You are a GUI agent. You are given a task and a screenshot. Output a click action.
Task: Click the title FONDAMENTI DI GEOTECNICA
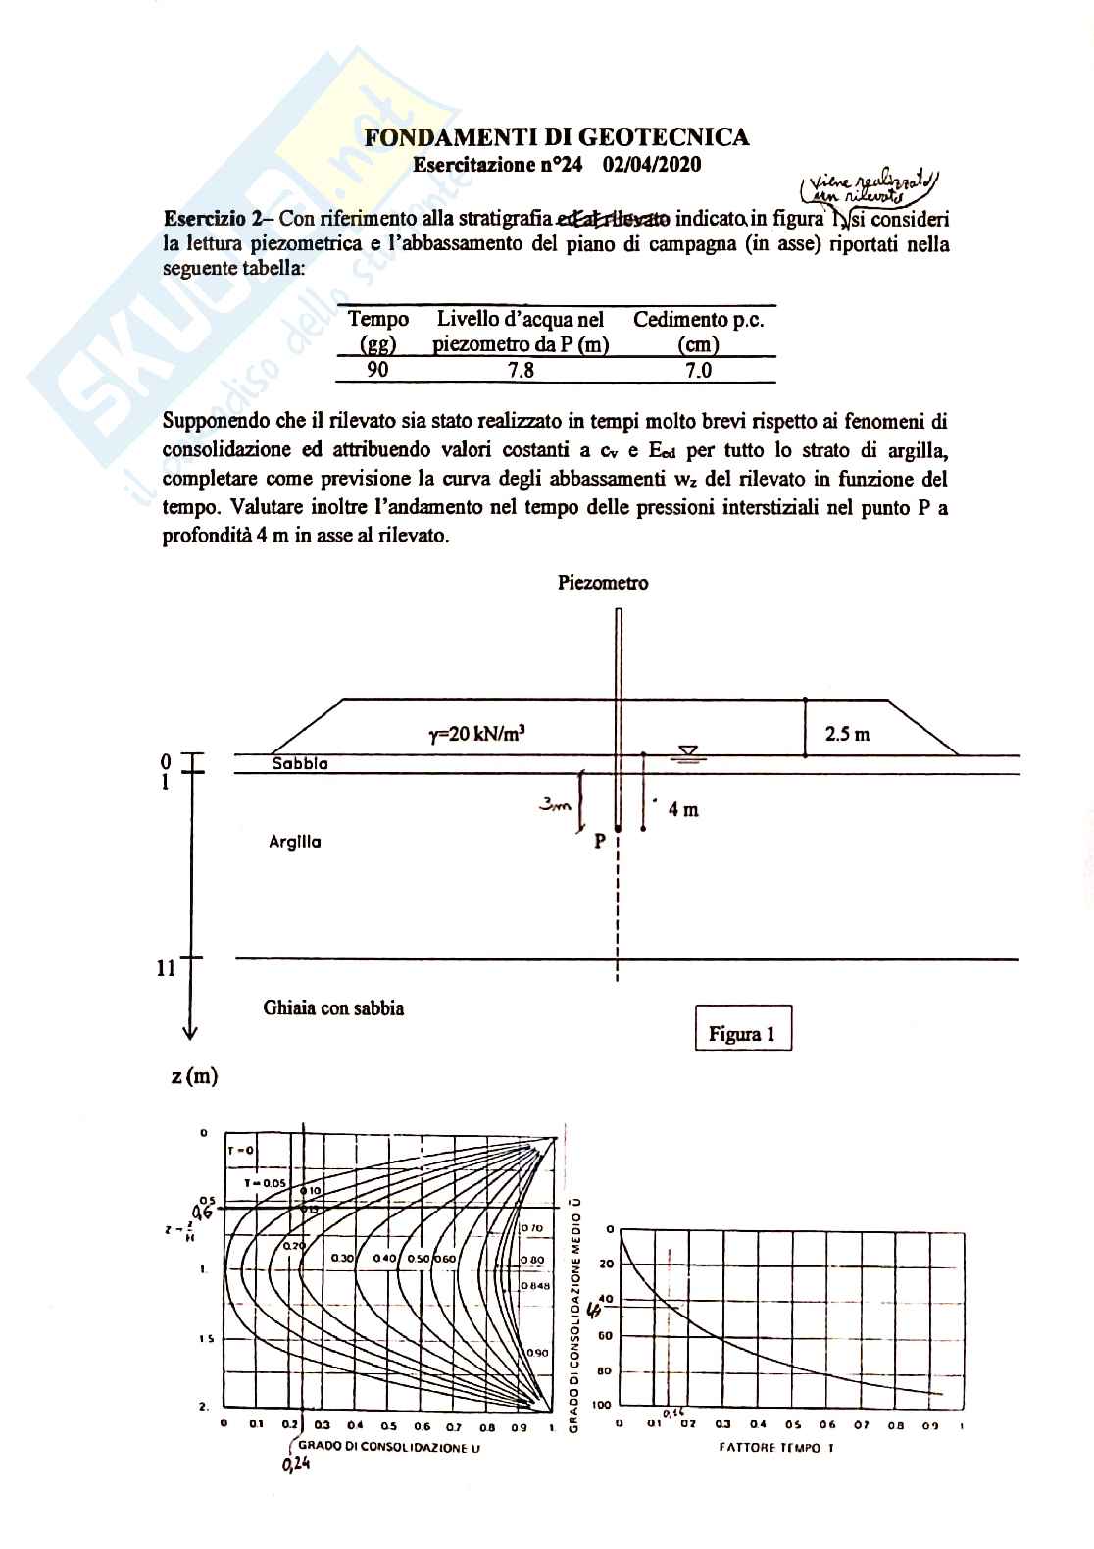[x=557, y=138]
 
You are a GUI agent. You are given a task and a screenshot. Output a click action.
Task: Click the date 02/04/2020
[x=652, y=165]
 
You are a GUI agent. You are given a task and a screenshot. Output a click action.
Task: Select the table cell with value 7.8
[x=521, y=369]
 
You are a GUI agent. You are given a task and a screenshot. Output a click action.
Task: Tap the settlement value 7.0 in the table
[x=698, y=369]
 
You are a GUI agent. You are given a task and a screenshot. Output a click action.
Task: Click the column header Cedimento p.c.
[x=698, y=320]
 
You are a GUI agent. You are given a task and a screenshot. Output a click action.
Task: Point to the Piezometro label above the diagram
[x=603, y=583]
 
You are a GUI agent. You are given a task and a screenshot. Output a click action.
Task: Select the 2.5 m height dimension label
[x=847, y=734]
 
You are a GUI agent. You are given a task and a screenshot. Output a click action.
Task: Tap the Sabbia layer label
[x=300, y=763]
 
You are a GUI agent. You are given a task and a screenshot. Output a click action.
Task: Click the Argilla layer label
[x=295, y=842]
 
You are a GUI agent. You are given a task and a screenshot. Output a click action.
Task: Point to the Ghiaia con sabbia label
[x=333, y=1007]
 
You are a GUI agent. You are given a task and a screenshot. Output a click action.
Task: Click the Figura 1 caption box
[x=742, y=1034]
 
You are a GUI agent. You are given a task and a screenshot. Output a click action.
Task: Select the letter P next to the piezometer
[x=600, y=841]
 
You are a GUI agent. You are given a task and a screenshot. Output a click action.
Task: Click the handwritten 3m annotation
[x=556, y=805]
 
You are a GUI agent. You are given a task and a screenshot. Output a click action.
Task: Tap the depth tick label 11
[x=166, y=969]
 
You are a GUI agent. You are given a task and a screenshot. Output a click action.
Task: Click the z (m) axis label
[x=194, y=1076]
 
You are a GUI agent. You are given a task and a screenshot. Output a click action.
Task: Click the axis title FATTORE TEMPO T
[x=775, y=1447]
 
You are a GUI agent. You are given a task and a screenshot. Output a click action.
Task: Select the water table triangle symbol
[x=688, y=752]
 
